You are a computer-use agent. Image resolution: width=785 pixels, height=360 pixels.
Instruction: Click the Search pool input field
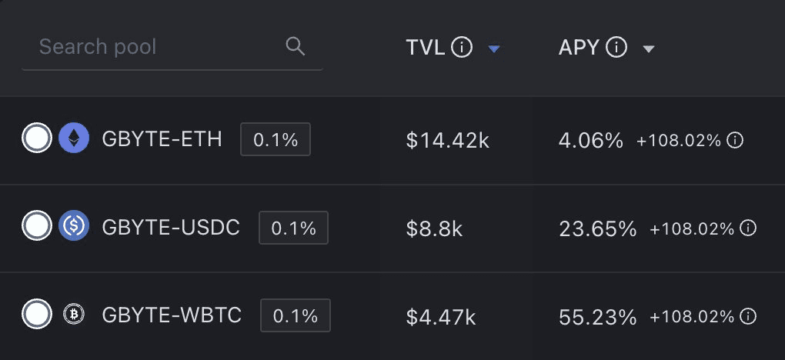tap(154, 47)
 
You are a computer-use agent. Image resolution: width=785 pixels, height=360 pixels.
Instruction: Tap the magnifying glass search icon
tap(295, 46)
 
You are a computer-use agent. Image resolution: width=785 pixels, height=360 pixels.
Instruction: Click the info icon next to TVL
tap(462, 48)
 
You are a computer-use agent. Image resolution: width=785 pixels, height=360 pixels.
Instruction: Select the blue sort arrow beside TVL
tap(494, 48)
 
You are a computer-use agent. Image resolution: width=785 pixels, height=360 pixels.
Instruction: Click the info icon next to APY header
tap(616, 48)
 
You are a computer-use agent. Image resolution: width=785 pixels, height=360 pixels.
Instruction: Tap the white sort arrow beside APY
tap(649, 48)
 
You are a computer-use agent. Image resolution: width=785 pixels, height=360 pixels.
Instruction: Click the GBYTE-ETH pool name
tap(162, 139)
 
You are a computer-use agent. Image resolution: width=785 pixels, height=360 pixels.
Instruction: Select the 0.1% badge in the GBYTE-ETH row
tap(276, 139)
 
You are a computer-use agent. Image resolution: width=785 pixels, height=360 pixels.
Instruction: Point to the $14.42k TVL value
tap(448, 141)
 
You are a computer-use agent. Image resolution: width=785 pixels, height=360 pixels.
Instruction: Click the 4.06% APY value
tap(590, 141)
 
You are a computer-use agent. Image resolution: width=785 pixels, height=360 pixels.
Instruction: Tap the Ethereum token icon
tap(74, 138)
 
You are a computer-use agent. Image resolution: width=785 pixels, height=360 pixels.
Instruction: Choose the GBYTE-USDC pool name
tap(171, 228)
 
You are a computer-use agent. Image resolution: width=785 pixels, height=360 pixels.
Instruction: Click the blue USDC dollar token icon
tap(74, 227)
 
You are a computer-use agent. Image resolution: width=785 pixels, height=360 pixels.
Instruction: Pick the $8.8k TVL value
tap(434, 228)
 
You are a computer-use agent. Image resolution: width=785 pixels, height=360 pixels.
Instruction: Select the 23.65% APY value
tap(597, 228)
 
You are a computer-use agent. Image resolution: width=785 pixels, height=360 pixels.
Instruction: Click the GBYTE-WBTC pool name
tap(172, 315)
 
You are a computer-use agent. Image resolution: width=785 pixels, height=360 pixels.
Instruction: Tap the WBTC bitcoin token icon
tap(74, 315)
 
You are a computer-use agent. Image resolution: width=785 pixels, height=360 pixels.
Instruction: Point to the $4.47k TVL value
tap(441, 316)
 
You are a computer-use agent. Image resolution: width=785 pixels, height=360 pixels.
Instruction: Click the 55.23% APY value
tap(597, 316)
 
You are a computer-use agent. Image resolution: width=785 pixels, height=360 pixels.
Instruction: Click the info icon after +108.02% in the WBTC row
tap(748, 316)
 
